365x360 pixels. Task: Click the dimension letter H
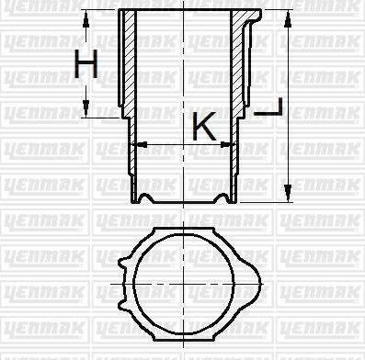(x=86, y=65)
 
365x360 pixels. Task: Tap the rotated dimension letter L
(x=269, y=109)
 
